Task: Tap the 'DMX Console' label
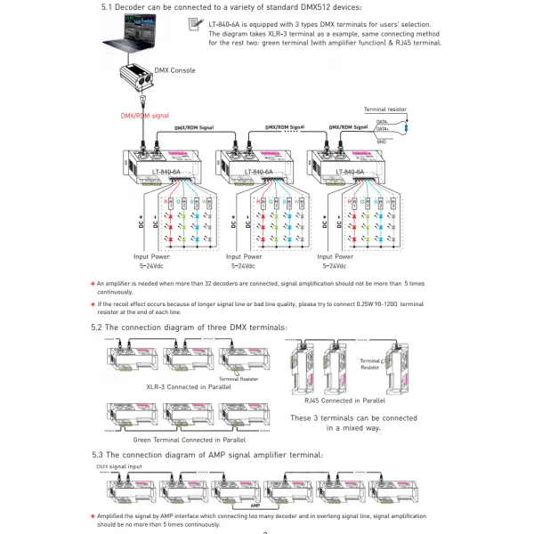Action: [175, 70]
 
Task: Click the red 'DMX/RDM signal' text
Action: [145, 116]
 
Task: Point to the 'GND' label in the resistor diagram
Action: [381, 141]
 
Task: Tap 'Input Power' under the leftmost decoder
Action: [157, 256]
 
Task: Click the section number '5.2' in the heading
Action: [98, 328]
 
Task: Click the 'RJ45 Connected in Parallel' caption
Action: [342, 401]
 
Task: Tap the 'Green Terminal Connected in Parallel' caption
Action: [190, 440]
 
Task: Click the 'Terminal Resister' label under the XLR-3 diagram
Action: [239, 378]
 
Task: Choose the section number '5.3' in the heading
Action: [98, 455]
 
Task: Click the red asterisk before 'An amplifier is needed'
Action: [93, 282]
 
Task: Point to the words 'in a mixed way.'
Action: [354, 428]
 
